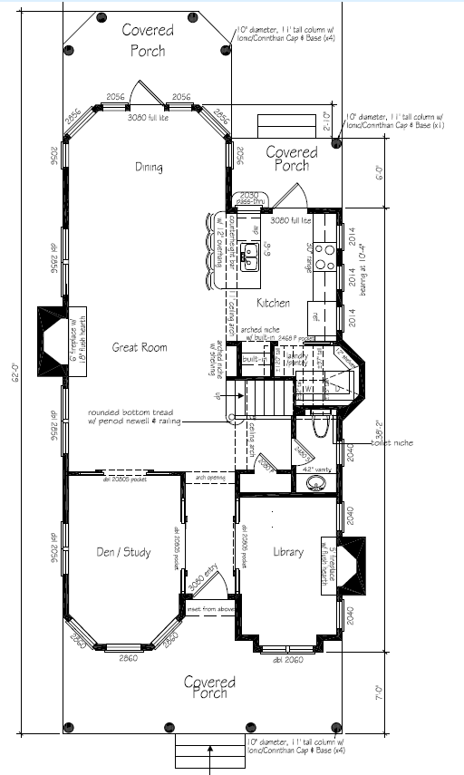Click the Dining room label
(x=149, y=167)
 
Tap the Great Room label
(x=140, y=347)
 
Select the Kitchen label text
(x=273, y=303)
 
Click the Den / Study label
(x=123, y=552)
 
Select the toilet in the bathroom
(x=319, y=422)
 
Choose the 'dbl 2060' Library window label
(x=289, y=659)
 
